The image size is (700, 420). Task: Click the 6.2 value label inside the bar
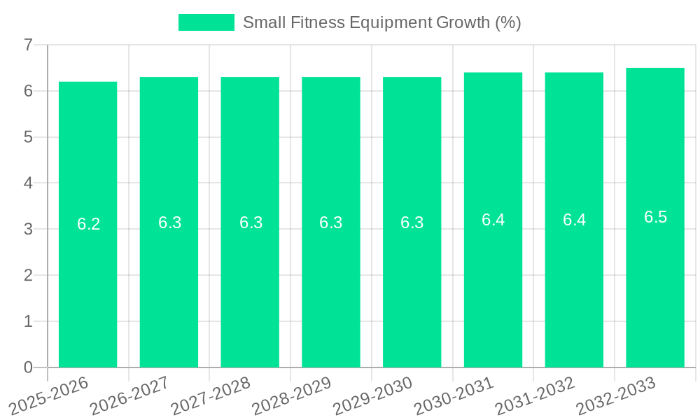[x=88, y=224]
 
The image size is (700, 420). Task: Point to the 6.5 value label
[x=655, y=217]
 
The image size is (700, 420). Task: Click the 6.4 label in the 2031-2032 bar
[x=574, y=220]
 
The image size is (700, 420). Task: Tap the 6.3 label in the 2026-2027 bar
[x=169, y=223]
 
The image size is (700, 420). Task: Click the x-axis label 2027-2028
[x=211, y=395]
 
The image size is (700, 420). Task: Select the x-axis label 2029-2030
[x=372, y=395]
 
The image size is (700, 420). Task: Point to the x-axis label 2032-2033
[x=615, y=395]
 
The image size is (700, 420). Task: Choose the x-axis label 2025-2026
[x=48, y=395]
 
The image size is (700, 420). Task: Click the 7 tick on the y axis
[x=28, y=45]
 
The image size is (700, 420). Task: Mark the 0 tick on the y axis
[x=28, y=367]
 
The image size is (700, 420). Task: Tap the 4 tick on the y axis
[x=28, y=183]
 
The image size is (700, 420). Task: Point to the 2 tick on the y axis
[x=28, y=276]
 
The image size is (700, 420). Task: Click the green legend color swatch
[x=206, y=22]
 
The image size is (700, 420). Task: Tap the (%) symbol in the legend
[x=507, y=22]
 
